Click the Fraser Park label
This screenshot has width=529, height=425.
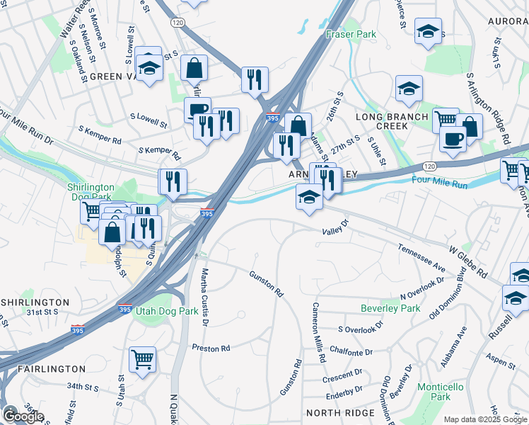point(351,34)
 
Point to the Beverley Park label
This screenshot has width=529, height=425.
point(390,308)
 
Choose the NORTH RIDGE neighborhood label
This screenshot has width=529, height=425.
point(337,412)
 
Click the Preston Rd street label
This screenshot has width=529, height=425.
point(211,348)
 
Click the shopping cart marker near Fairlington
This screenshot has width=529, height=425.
point(143,359)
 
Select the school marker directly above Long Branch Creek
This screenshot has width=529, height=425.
point(409,89)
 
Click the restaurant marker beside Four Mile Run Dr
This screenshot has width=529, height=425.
point(173,182)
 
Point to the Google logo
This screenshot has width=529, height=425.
point(23,416)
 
